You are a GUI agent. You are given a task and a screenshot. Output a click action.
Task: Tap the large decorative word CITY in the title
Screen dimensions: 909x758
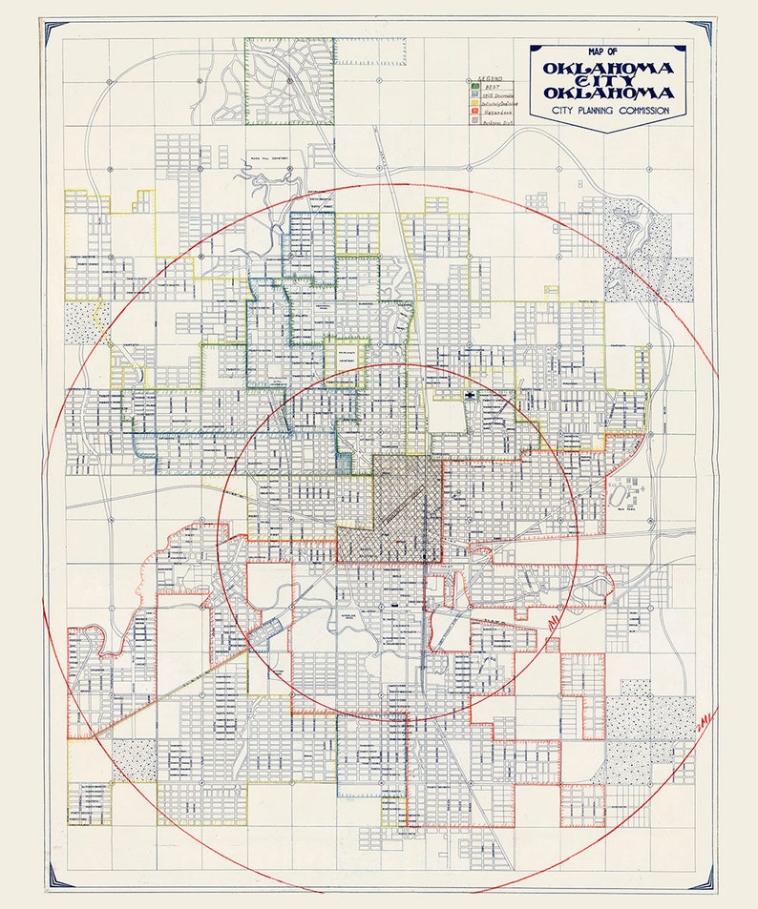[x=609, y=81]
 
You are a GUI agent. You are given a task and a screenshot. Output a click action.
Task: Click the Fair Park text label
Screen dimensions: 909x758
[x=627, y=508]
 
